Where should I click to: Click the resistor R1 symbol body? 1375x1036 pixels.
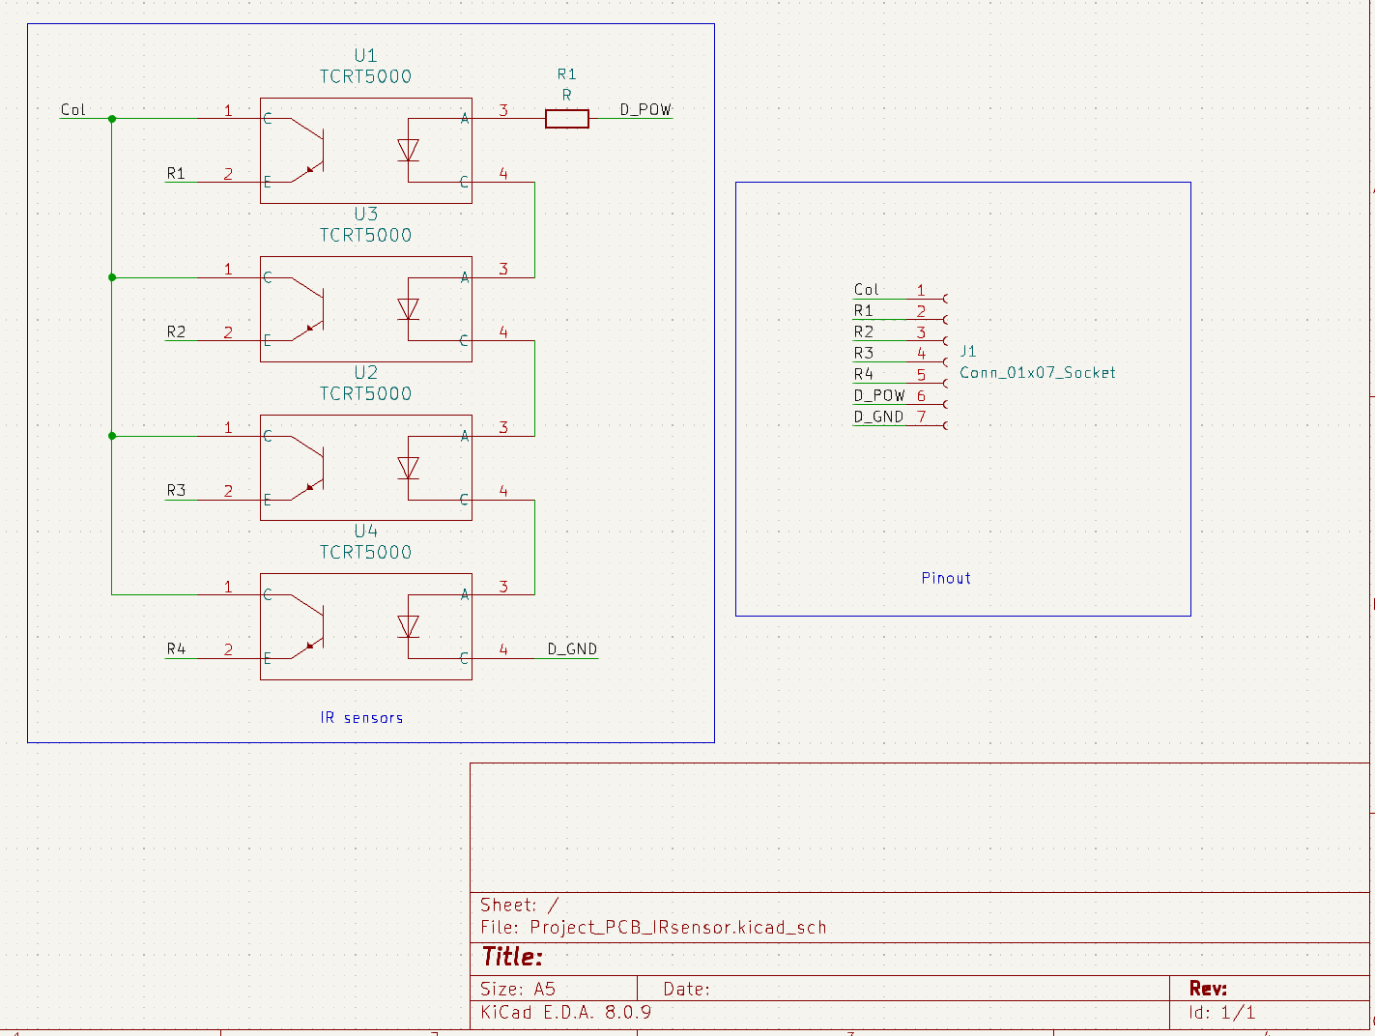tap(566, 119)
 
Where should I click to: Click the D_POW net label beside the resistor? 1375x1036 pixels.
tap(645, 110)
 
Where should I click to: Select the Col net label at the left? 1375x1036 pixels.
tap(73, 110)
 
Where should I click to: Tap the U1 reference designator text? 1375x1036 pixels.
tap(365, 56)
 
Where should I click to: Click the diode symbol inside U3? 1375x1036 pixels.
tap(408, 309)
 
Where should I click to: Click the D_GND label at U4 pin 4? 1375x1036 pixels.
tap(572, 649)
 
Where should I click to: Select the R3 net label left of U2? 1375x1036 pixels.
tap(176, 491)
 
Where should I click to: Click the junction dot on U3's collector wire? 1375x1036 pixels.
tap(112, 277)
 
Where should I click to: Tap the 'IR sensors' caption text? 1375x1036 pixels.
tap(361, 718)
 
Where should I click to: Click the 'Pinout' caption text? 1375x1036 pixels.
tap(945, 579)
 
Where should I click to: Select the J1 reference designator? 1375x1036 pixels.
tap(968, 352)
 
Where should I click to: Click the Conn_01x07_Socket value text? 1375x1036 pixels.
tap(1037, 373)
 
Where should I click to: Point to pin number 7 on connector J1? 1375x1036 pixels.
tap(922, 417)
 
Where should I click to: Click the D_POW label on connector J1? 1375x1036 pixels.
tap(878, 396)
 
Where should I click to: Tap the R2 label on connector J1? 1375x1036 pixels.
tap(864, 332)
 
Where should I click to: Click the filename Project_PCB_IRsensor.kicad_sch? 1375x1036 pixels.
tap(677, 928)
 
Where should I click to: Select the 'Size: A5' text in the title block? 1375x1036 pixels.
tap(518, 990)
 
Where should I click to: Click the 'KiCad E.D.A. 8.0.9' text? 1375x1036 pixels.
tap(565, 1013)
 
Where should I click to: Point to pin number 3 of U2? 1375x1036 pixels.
tap(503, 427)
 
